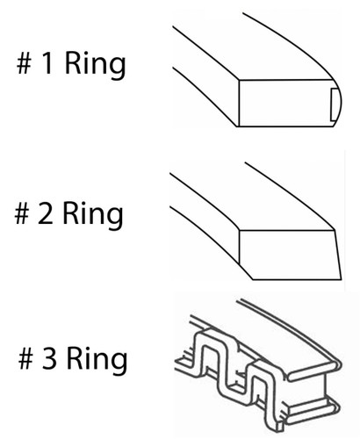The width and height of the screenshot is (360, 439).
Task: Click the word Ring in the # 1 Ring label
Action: tap(95, 65)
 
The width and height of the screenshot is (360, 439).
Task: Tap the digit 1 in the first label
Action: tap(47, 62)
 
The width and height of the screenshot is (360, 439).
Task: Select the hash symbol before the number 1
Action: tap(24, 63)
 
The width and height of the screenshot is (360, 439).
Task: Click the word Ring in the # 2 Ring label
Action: tap(93, 215)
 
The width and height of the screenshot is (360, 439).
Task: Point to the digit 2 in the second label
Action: tap(46, 213)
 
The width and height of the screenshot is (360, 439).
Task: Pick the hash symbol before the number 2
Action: tap(22, 213)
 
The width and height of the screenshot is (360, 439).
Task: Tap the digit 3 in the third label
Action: tap(49, 358)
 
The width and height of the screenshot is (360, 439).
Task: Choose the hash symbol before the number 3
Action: tap(26, 359)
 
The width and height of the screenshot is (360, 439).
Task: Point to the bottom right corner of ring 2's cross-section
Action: tap(342, 279)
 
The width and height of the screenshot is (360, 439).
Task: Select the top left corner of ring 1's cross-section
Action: tap(239, 80)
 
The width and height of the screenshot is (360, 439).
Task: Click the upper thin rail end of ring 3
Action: tap(313, 371)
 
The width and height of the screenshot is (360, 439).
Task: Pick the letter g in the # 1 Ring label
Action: tap(118, 68)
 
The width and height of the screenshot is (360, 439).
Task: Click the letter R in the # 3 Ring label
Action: tap(75, 358)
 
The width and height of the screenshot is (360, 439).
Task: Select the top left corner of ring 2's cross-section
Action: tap(240, 231)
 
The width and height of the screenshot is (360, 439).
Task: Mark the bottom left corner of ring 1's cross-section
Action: tap(239, 126)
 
